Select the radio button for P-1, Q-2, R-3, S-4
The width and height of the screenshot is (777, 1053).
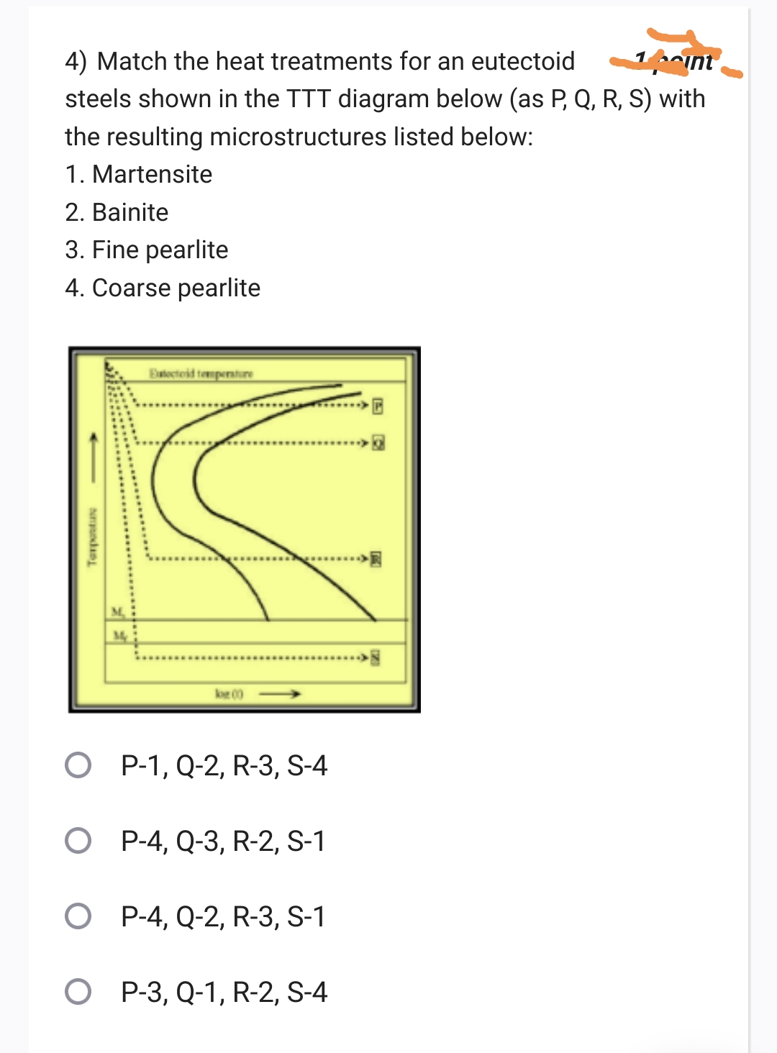coord(78,765)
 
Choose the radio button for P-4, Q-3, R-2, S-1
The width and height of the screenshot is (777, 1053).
coord(78,841)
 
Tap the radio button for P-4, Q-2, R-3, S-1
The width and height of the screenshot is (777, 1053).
coord(78,916)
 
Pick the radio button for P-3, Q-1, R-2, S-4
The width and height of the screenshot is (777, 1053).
coord(78,992)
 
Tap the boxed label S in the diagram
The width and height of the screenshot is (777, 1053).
coord(375,657)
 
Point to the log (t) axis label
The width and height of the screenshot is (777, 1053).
coord(229,694)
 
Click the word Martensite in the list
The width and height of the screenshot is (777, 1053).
coord(152,175)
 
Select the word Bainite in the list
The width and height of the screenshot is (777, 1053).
coord(130,213)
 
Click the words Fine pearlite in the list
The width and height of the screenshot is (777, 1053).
coord(160,250)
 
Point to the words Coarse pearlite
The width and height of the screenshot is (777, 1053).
coord(176,288)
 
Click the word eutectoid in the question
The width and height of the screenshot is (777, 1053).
coord(522,62)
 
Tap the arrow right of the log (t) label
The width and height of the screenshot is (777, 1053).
coord(280,694)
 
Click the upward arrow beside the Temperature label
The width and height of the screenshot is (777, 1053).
coord(92,456)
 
